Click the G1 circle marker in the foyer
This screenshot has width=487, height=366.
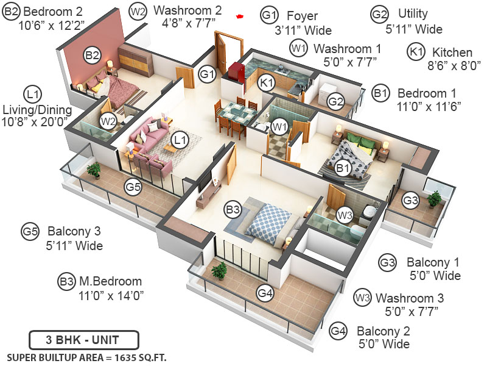point(208,74)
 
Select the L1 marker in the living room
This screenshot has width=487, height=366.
point(179,140)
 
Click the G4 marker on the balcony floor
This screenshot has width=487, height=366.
point(265,293)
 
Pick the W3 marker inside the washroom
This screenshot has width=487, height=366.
point(345,215)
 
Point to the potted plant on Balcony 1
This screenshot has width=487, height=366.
point(434,198)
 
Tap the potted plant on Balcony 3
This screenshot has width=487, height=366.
point(93,170)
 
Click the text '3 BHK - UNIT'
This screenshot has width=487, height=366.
point(84,340)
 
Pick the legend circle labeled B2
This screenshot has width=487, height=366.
point(12,10)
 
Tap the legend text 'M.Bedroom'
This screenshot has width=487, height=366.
point(110,281)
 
